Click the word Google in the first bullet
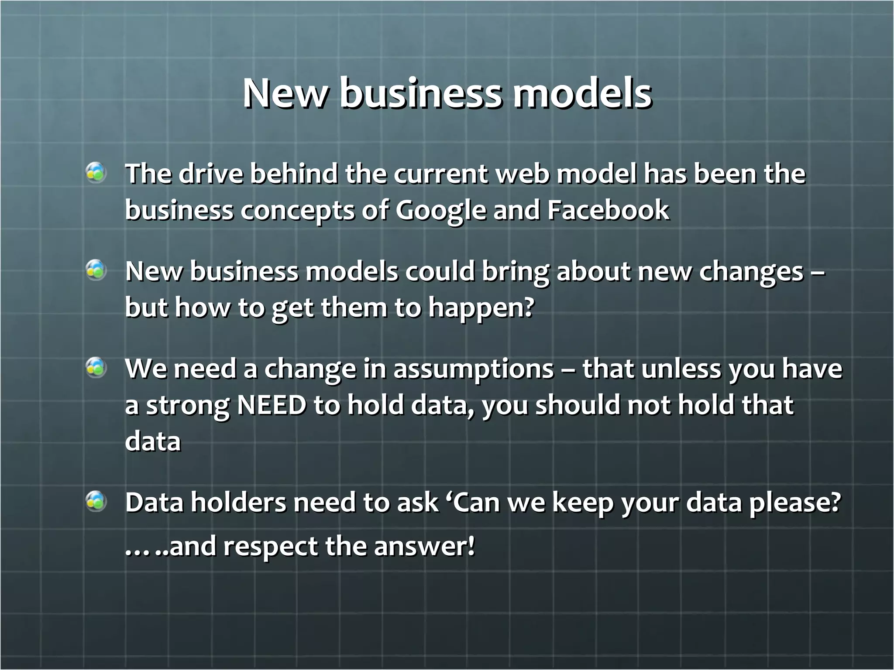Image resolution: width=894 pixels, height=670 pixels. [x=440, y=210]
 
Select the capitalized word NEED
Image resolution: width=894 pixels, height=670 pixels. [x=271, y=405]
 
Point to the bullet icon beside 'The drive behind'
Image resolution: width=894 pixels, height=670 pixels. [x=96, y=173]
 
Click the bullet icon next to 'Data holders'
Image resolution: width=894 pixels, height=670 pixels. [x=96, y=501]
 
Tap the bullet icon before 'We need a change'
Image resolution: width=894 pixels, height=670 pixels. [x=96, y=367]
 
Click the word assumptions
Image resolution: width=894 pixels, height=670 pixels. [x=473, y=369]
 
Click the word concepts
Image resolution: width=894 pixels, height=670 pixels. [x=297, y=211]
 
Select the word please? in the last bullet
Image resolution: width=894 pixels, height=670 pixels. [x=794, y=502]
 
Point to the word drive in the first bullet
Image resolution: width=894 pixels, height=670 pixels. [x=211, y=174]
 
